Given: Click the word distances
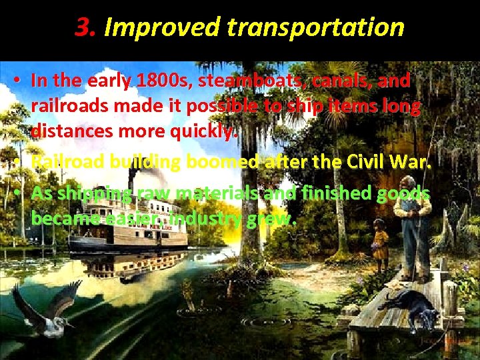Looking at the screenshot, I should click(72, 132).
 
